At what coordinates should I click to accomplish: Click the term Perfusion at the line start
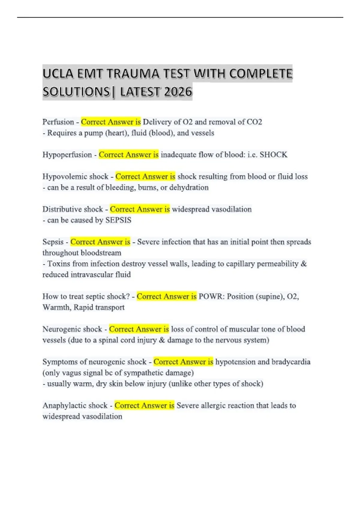[x=58, y=122]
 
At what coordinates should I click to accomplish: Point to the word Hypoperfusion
[x=67, y=155]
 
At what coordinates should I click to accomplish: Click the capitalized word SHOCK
[x=273, y=155]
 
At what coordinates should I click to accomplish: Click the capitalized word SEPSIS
[x=118, y=220]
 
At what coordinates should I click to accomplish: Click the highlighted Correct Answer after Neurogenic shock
[x=139, y=329]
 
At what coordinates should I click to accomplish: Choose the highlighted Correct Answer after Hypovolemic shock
[x=145, y=177]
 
